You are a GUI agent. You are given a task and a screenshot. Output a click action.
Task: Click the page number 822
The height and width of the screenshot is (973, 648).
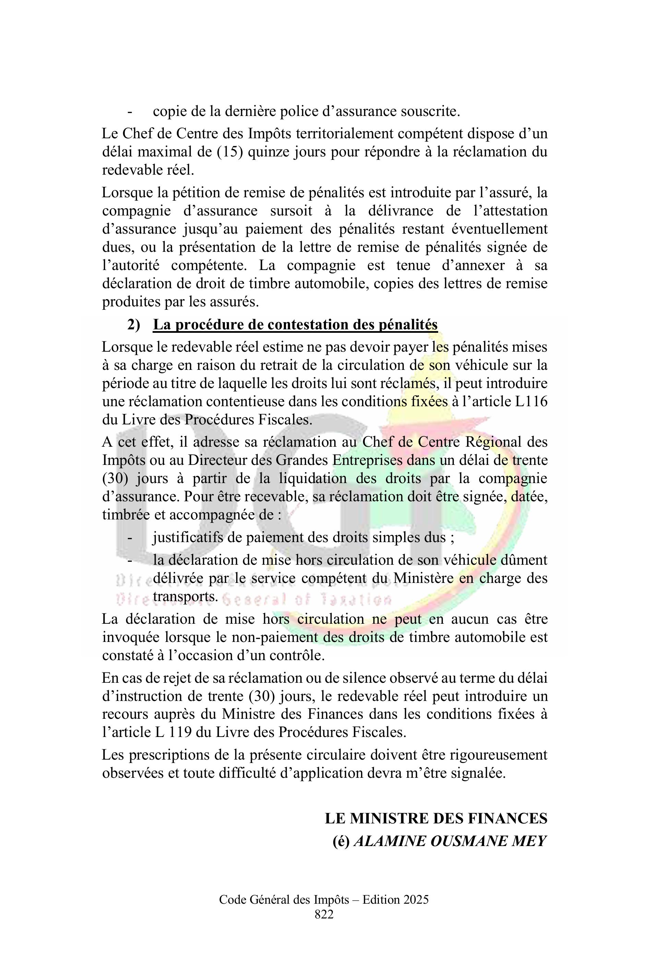pos(324,914)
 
